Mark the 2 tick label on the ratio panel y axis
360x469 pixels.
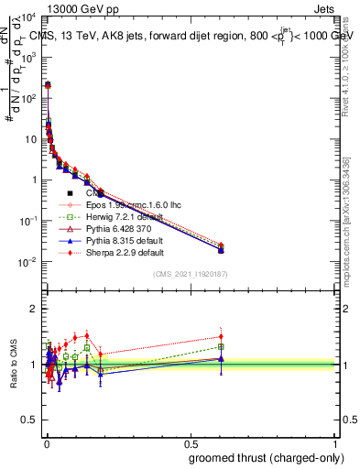34,309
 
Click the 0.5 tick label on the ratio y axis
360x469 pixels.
29,420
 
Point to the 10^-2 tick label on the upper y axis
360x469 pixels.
27,262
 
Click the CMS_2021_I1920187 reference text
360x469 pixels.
190,273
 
